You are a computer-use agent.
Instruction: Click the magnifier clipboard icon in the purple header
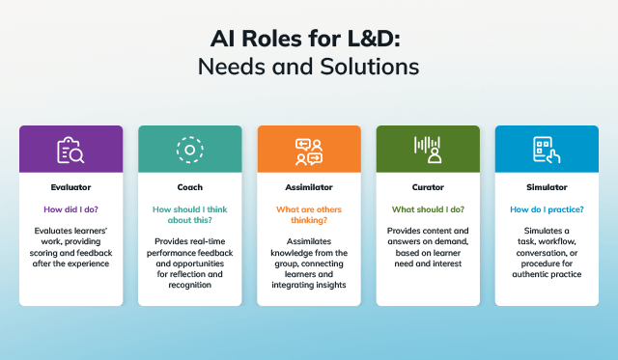(70, 149)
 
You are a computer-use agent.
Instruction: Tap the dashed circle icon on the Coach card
(190, 149)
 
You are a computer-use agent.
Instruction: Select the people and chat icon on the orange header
(309, 149)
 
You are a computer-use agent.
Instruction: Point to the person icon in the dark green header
(428, 149)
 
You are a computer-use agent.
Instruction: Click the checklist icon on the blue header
(547, 149)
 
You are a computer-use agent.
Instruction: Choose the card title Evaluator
(70, 187)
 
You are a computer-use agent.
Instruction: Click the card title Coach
(190, 187)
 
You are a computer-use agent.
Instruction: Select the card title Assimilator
(309, 187)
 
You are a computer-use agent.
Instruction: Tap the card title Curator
(428, 187)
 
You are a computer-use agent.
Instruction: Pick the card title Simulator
(547, 187)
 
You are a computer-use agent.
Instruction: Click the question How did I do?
(70, 208)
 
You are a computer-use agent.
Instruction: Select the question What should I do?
(428, 208)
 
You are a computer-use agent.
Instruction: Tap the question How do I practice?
(547, 208)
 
